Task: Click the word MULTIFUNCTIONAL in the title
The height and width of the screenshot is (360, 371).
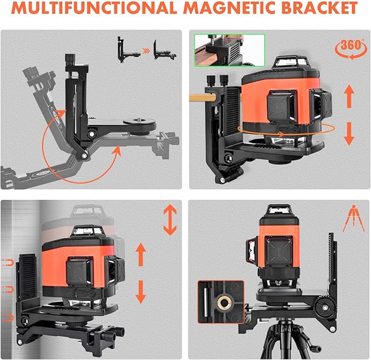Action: point(94,9)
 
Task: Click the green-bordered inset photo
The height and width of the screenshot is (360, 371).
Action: point(229,50)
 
